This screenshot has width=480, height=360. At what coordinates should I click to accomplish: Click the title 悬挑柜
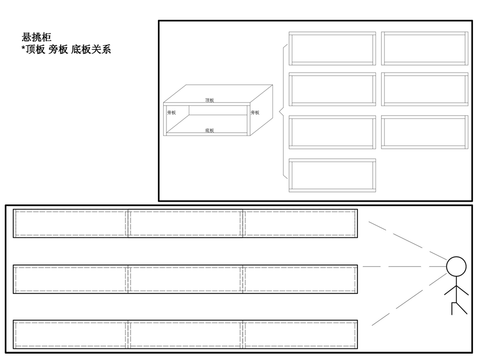[36, 37]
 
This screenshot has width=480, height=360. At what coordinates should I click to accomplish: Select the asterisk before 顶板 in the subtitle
[23, 48]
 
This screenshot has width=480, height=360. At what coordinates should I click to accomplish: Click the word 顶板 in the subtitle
[36, 49]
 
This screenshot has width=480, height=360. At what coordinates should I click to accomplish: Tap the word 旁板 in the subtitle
[58, 49]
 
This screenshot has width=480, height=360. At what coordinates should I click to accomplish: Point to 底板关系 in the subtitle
[91, 49]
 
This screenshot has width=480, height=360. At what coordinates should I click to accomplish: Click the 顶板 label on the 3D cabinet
[210, 100]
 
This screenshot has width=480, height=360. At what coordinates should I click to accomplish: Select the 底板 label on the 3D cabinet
[210, 131]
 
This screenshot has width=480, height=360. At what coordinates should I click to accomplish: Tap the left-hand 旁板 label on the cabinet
[171, 113]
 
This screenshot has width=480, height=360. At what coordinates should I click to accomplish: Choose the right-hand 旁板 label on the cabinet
[255, 113]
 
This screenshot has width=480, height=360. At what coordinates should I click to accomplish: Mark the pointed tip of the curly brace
[279, 112]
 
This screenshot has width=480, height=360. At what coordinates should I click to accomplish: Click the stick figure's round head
[456, 267]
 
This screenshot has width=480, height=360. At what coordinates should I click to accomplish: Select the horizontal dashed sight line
[404, 267]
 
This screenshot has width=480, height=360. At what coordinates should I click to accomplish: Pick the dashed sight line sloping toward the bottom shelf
[409, 299]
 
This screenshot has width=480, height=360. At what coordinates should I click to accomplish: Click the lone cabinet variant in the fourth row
[332, 175]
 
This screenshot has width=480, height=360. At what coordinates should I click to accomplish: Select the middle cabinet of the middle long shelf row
[185, 279]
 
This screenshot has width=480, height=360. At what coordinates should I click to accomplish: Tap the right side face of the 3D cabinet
[261, 110]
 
